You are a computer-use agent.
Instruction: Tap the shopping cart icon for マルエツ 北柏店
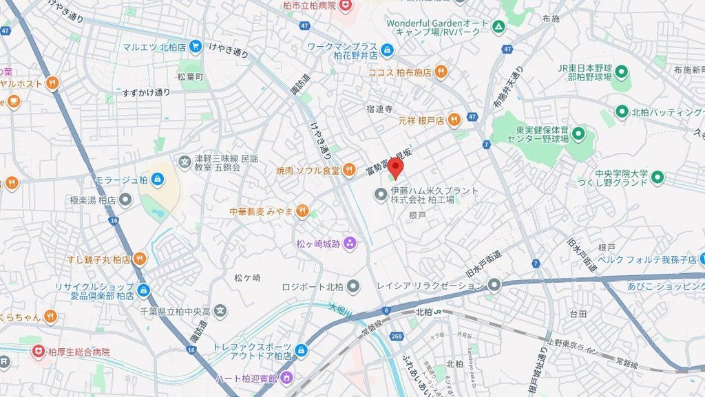click(x=196, y=47)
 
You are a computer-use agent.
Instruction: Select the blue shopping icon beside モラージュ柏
click(x=159, y=180)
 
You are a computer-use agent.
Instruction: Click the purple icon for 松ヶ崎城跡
click(x=350, y=242)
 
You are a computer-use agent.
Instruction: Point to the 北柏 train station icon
click(x=438, y=312)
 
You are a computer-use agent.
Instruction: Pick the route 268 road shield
click(x=396, y=336)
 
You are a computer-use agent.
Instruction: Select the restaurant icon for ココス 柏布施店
click(x=441, y=72)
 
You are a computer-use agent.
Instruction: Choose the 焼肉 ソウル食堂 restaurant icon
click(x=349, y=169)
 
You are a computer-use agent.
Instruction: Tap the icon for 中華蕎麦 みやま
click(x=302, y=212)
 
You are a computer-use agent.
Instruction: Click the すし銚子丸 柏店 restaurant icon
click(x=140, y=259)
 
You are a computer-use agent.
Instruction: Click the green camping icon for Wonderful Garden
click(x=500, y=27)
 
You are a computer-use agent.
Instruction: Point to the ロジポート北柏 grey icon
click(x=353, y=286)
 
